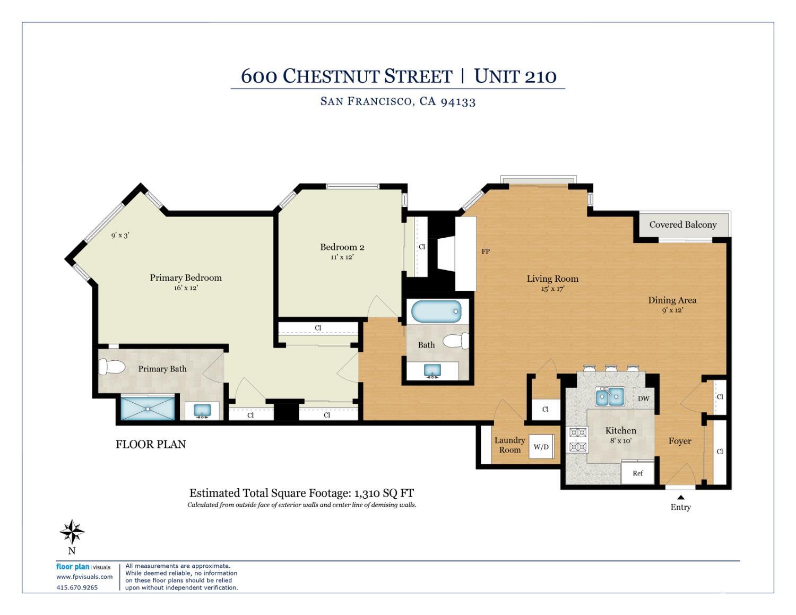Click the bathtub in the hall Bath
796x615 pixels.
coord(436,311)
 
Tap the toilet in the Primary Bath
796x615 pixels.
coord(112,366)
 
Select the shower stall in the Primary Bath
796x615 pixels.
coord(148,409)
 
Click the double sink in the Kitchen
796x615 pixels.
coord(609,396)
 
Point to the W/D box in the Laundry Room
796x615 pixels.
coord(541,446)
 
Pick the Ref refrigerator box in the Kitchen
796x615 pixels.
coord(638,473)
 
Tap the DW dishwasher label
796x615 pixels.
coord(643,399)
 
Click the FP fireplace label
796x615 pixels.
coord(486,252)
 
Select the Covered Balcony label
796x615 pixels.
coord(683,224)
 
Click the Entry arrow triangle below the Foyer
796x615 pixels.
coord(681,497)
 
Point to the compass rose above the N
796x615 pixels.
coord(72,532)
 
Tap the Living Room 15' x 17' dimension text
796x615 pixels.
coord(552,289)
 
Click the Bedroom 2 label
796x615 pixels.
coord(342,247)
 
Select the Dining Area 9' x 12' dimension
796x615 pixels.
coord(672,310)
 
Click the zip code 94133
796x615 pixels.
coord(458,101)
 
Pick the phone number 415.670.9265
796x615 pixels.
coord(77,587)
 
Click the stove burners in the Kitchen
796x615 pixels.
coord(577,440)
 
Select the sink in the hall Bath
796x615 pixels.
coord(432,370)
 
